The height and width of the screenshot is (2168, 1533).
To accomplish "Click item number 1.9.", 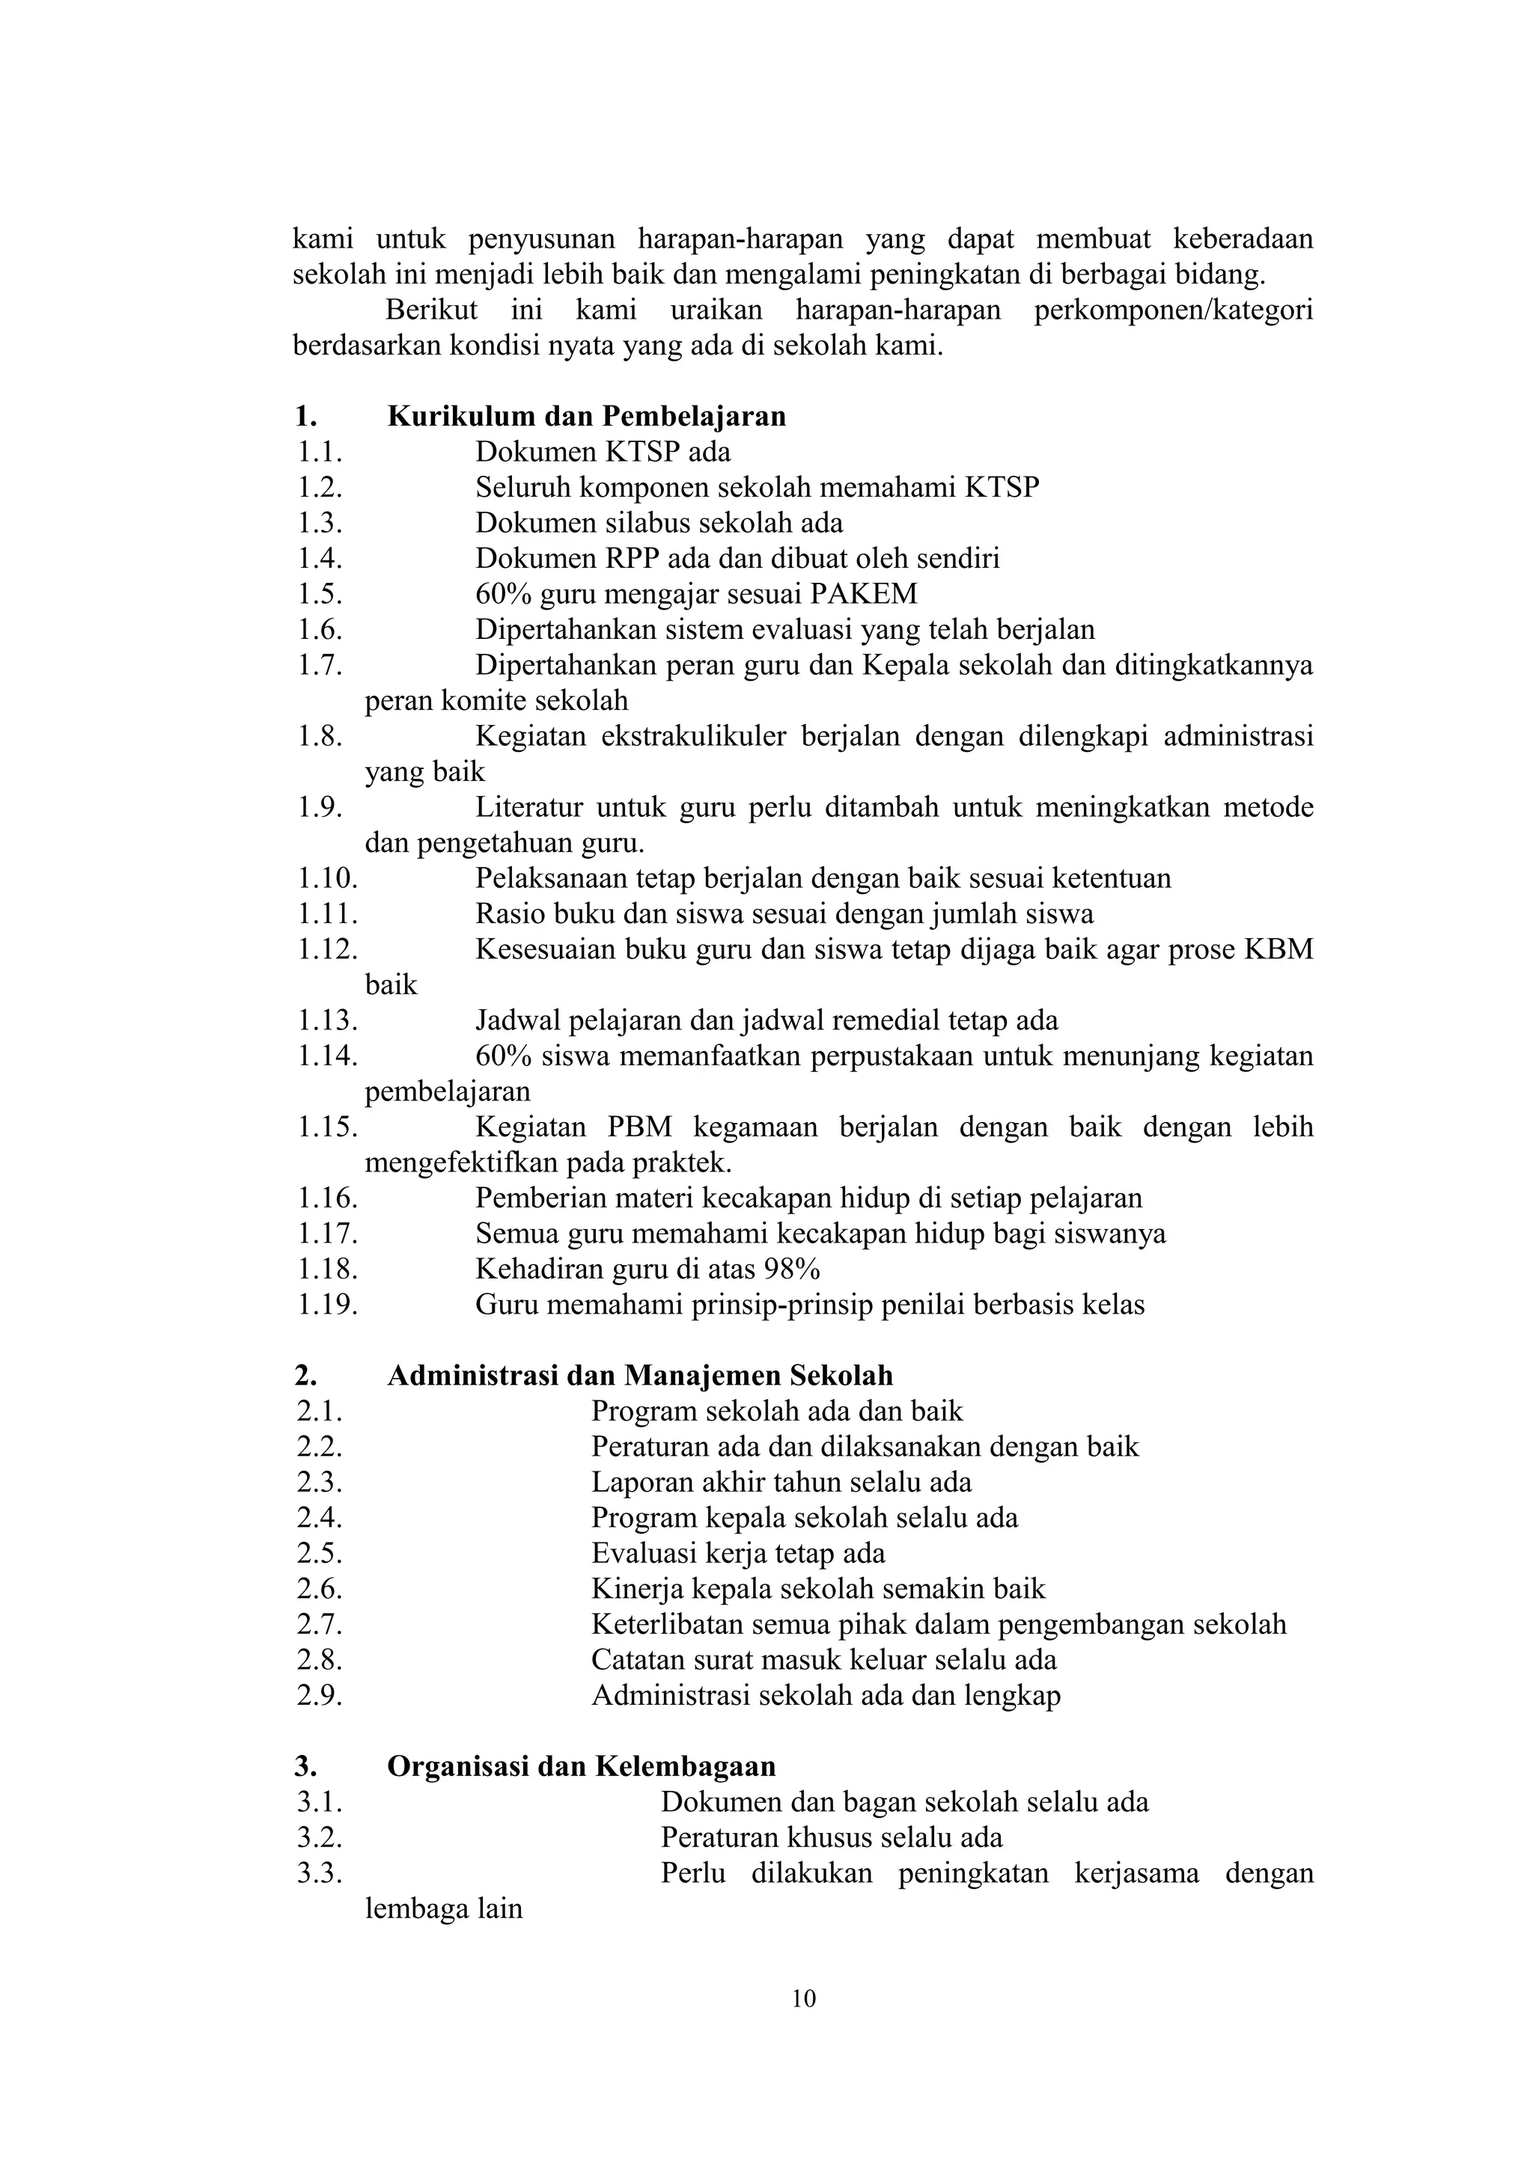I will (x=320, y=807).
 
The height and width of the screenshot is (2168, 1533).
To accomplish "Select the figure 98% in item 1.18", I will (x=793, y=1269).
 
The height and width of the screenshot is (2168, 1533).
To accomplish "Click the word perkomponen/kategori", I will (x=1173, y=310).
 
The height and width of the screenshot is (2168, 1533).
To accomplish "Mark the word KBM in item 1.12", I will (x=1279, y=949).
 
